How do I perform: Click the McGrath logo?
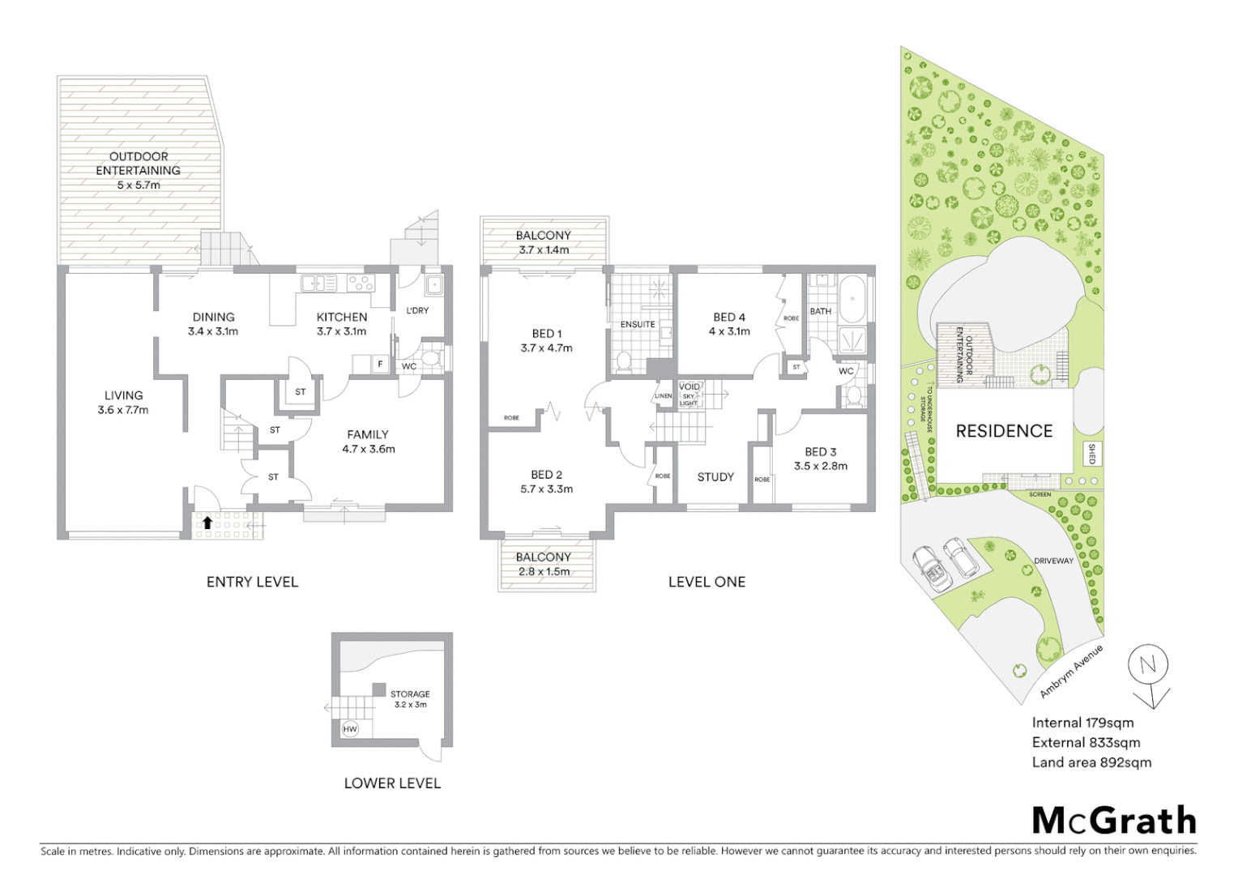[1113, 821]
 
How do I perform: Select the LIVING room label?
[123, 395]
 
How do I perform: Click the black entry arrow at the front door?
[207, 523]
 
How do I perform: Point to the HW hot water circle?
[350, 729]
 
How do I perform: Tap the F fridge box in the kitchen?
[380, 365]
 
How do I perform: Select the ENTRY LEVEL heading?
[252, 582]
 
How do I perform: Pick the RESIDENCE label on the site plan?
[1004, 431]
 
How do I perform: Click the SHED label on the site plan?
[1091, 454]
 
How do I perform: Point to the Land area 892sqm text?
[1091, 762]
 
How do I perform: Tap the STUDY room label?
[715, 477]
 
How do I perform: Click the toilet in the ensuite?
[624, 361]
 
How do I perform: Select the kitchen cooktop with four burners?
[361, 283]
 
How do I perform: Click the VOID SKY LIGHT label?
[689, 395]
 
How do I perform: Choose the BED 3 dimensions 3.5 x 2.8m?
[821, 466]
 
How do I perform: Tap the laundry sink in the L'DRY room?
[434, 284]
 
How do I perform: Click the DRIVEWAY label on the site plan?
[1053, 561]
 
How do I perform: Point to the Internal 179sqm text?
[1082, 723]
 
